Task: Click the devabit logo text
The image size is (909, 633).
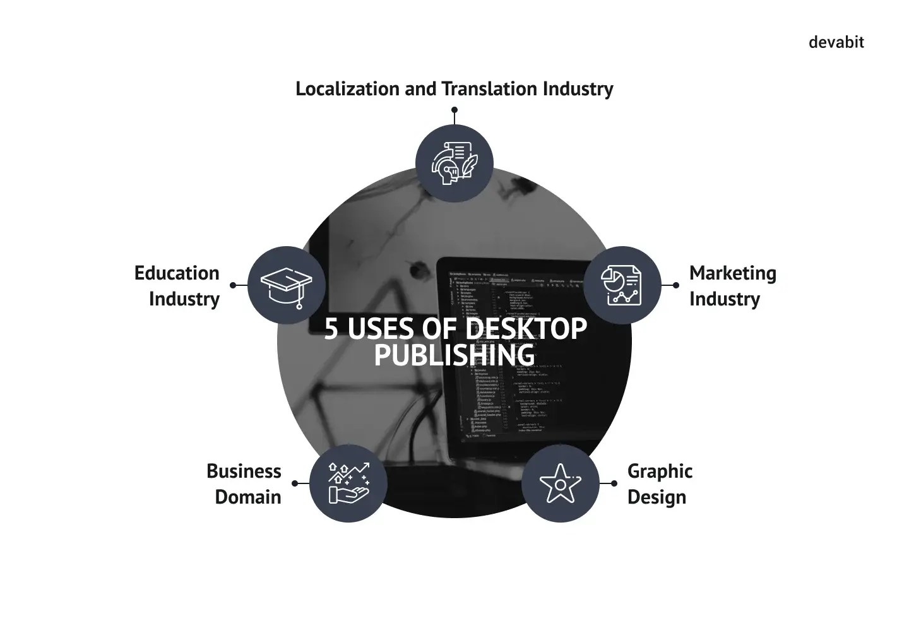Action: [x=836, y=42]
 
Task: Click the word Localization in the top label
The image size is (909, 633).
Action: [x=348, y=88]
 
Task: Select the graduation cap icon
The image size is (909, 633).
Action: [x=287, y=285]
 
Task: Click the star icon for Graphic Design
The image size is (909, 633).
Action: [x=560, y=483]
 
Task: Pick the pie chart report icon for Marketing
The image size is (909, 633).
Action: [x=622, y=285]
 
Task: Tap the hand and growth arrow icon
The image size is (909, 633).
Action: [x=348, y=483]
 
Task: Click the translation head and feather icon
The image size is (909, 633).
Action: [x=454, y=163]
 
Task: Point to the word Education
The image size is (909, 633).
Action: [x=177, y=273]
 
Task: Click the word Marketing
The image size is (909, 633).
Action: [x=732, y=273]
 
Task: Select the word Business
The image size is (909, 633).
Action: [x=244, y=471]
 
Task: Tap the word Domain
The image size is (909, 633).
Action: [x=247, y=497]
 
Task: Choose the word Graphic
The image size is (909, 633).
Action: [x=660, y=471]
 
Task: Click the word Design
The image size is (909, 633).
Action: [x=656, y=497]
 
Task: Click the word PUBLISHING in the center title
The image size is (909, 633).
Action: [x=454, y=355]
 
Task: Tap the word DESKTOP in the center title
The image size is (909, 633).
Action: [x=526, y=329]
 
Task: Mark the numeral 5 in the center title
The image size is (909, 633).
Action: [x=331, y=329]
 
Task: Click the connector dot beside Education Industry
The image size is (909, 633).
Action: [x=233, y=285]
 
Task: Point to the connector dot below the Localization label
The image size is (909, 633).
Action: [x=454, y=110]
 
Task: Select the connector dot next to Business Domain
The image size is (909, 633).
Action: [x=295, y=483]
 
